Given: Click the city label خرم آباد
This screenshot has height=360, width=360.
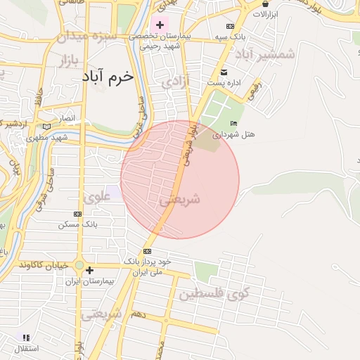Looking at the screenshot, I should tap(108, 78).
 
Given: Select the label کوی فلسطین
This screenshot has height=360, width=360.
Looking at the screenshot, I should tap(213, 293).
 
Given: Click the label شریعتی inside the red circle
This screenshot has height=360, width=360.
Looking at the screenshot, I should tap(180, 200).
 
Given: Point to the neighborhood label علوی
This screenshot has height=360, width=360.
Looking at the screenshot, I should tap(97, 198).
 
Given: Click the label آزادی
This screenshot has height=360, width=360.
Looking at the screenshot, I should tap(176, 83).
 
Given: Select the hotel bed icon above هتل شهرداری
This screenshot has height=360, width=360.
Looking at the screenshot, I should tap(234, 124).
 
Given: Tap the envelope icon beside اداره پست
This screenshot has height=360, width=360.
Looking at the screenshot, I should tap(224, 73).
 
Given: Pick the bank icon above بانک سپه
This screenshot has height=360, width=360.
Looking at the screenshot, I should tap(230, 26).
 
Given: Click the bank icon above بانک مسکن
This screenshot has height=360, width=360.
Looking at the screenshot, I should tap(77, 214).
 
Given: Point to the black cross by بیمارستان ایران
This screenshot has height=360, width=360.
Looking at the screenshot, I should tap(89, 270).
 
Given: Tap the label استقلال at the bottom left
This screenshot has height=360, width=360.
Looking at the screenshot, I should tap(26, 347).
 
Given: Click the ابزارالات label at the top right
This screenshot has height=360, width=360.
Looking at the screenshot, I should tap(265, 14).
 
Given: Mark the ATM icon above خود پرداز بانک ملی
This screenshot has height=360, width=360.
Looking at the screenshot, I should tap(147, 251).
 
